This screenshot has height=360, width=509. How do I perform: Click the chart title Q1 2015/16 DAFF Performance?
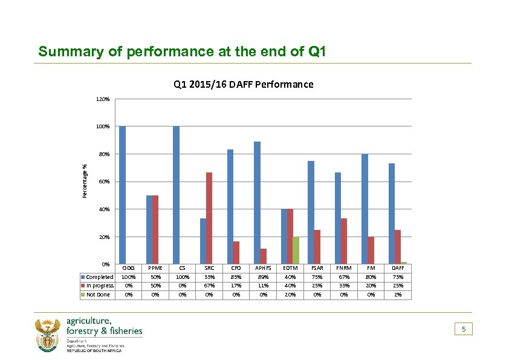pos(243,84)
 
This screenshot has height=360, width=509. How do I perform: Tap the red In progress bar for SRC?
pos(209,218)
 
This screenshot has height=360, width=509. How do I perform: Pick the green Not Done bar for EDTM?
pos(296,250)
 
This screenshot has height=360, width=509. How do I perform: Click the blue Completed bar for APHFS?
pos(257,203)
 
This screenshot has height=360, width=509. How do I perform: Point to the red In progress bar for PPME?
pos(155,229)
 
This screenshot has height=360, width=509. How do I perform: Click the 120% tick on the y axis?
pos(102,99)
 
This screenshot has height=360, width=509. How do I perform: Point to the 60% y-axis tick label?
pos(103,182)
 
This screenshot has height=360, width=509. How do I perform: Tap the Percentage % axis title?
pos(85,179)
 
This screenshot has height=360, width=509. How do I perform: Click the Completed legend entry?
pos(99,277)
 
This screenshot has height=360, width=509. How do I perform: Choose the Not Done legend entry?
pos(97,295)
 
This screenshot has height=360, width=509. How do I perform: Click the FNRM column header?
pos(343,268)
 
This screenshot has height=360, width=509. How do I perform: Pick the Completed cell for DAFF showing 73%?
pos(398,277)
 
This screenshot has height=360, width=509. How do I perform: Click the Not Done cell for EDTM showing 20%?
pos(290,295)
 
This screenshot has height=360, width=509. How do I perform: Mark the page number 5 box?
pos(464,329)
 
